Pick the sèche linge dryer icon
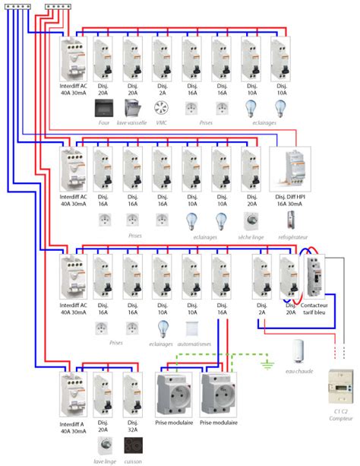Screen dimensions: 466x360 click(x=251, y=220)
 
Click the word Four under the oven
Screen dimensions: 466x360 click(x=103, y=123)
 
